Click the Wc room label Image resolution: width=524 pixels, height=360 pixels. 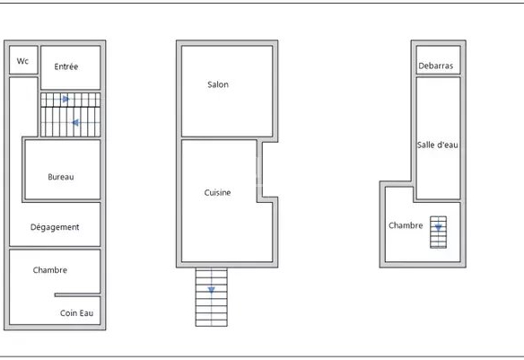coord(22,61)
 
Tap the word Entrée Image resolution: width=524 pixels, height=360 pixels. coord(66,66)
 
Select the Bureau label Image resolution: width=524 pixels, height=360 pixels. coord(61,177)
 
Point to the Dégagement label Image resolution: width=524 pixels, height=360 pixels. coord(55,227)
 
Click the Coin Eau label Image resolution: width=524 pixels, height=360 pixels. coord(76,313)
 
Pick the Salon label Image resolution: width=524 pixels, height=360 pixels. coord(218,84)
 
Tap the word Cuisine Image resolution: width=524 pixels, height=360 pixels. coord(217,192)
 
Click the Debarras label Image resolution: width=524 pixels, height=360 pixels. coord(436,66)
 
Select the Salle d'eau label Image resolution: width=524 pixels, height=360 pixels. coord(438,145)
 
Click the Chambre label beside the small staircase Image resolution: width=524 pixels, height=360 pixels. coord(406,225)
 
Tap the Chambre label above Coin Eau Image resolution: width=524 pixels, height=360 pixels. coord(50,270)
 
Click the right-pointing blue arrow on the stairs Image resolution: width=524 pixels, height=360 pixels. coord(65,99)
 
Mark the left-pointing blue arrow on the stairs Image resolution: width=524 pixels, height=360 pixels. coord(75,123)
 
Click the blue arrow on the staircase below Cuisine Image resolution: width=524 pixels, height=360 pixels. coord(212,289)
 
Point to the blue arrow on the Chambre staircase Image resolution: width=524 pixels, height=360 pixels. coord(438,228)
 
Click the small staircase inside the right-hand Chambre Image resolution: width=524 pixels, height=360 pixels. coord(438,232)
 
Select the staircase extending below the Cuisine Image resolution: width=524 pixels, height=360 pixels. coord(212,297)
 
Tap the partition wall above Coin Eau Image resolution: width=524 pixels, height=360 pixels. coord(77,294)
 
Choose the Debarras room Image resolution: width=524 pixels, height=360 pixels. coord(438,60)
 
